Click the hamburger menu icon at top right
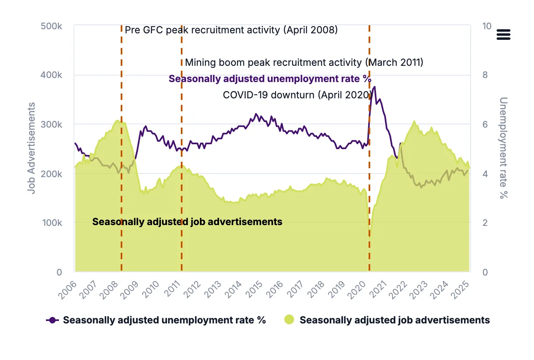(503, 35)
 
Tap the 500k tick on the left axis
(51, 26)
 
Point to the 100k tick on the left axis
(51, 223)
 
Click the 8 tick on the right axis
(486, 75)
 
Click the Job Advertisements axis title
(31, 148)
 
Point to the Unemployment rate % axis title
(504, 148)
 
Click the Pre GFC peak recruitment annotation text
(231, 30)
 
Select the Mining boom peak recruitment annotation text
(304, 63)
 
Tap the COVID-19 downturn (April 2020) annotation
(297, 95)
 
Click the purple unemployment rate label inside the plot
(270, 79)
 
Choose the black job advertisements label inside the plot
(187, 222)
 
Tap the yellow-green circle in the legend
(289, 320)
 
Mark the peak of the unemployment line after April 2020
(374, 87)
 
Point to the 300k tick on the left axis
(51, 124)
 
